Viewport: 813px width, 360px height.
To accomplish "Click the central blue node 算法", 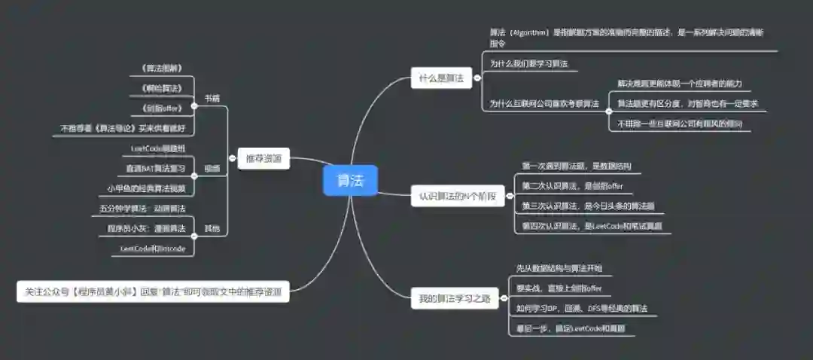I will pyautogui.click(x=349, y=181).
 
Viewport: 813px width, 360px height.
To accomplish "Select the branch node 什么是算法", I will pyautogui.click(x=441, y=78).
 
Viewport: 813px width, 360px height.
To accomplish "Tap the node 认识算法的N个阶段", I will pyautogui.click(x=458, y=197).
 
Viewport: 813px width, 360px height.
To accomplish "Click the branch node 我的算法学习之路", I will pyautogui.click(x=455, y=299).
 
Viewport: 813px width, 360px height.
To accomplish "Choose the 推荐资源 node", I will pyautogui.click(x=263, y=159).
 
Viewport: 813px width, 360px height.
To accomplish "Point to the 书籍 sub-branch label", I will pyautogui.click(x=212, y=99).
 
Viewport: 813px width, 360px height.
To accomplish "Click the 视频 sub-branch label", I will pyautogui.click(x=212, y=168).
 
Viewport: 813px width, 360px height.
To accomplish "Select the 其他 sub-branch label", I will pyautogui.click(x=212, y=227).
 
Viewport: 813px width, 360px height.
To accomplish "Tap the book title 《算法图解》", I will pyautogui.click(x=162, y=69).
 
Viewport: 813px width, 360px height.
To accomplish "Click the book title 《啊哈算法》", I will pyautogui.click(x=162, y=89).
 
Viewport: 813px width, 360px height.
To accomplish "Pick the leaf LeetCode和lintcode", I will pyautogui.click(x=153, y=248).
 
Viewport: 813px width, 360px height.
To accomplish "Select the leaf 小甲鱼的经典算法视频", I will pyautogui.click(x=146, y=188).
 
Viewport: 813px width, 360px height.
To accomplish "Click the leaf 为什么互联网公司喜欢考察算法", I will pyautogui.click(x=544, y=104).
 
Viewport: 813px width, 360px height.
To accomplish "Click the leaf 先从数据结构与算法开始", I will pyautogui.click(x=559, y=269).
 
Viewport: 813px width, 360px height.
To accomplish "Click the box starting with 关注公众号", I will pyautogui.click(x=153, y=291).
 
